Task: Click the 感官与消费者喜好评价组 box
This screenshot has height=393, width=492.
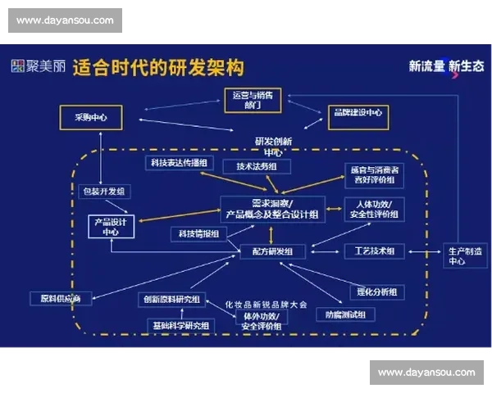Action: pyautogui.click(x=373, y=174)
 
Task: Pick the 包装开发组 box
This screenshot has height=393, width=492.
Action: pyautogui.click(x=104, y=192)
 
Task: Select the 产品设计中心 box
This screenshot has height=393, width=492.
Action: pyautogui.click(x=111, y=227)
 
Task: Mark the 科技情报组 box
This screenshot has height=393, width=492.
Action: pyautogui.click(x=198, y=234)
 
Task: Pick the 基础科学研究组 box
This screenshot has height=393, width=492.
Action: pyautogui.click(x=180, y=326)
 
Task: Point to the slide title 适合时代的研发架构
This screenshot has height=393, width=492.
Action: pyautogui.click(x=158, y=67)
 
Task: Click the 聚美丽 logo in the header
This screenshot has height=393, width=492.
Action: pyautogui.click(x=38, y=66)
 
